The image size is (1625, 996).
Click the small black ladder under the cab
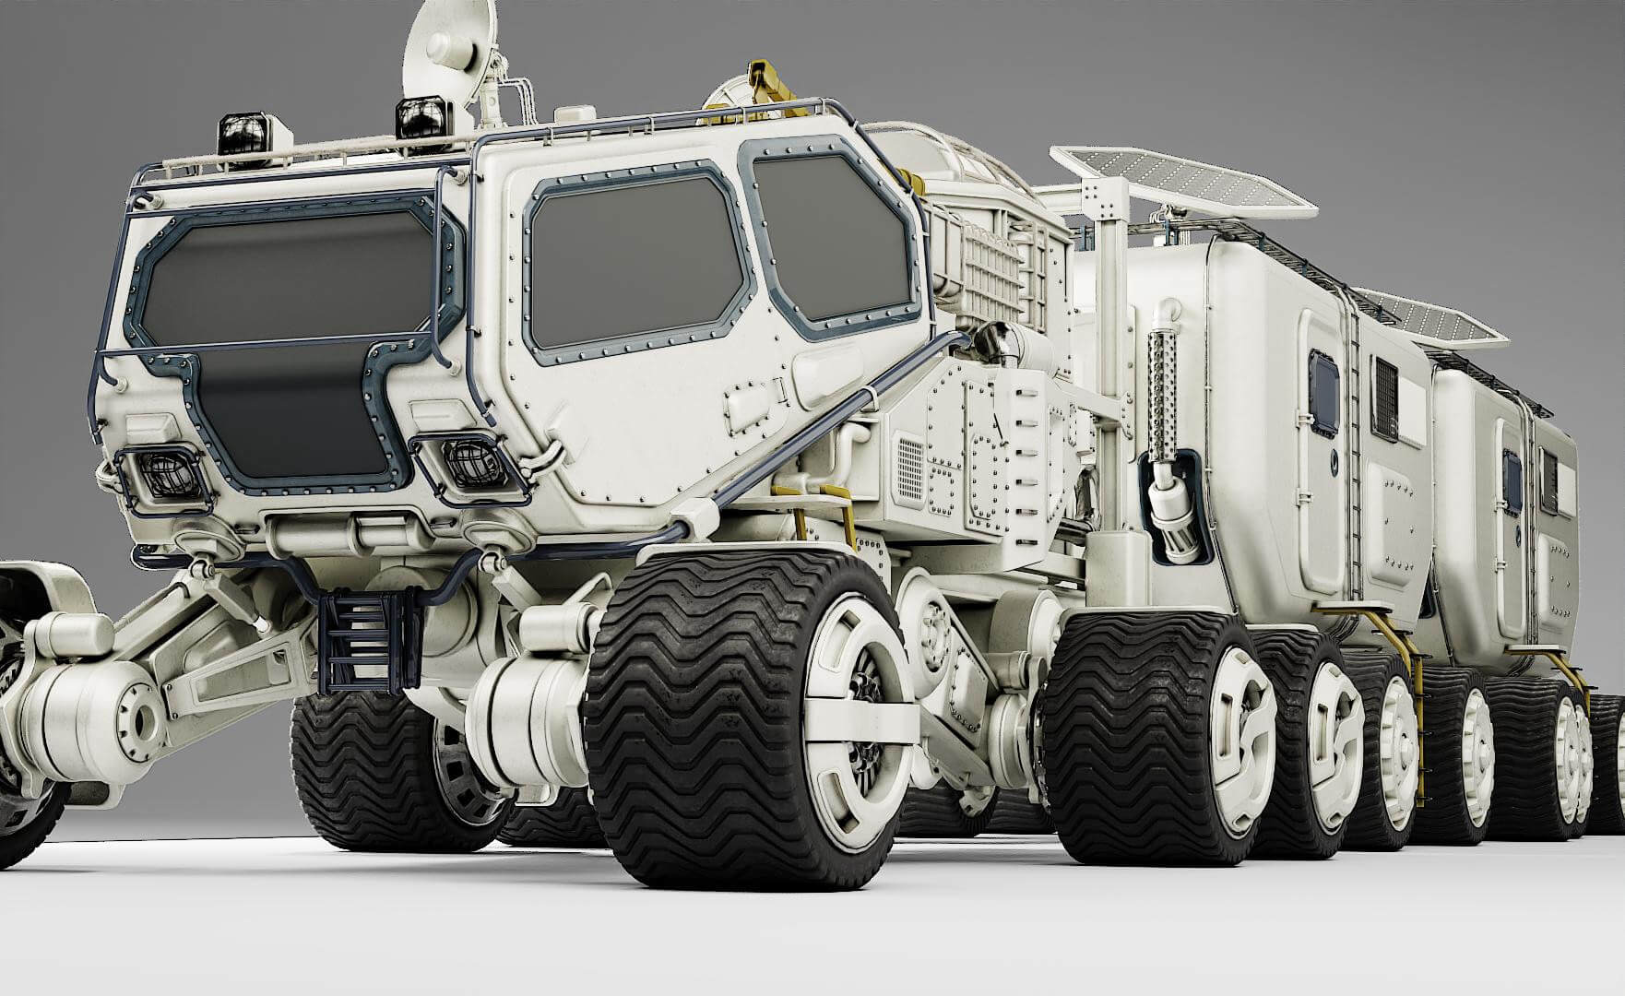click(362, 636)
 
